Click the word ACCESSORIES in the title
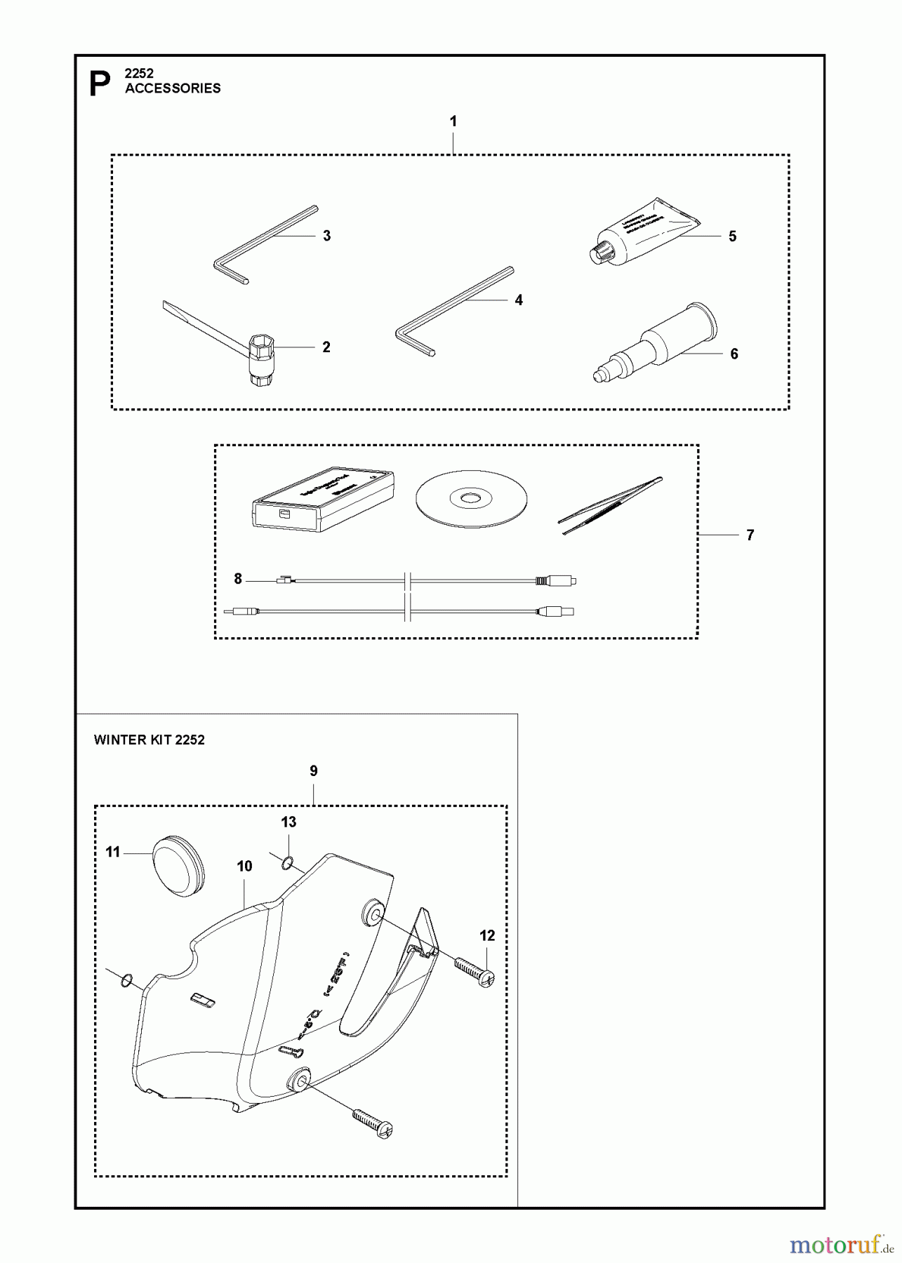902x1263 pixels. [173, 88]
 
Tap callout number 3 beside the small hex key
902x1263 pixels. [326, 236]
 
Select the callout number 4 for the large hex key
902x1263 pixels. [519, 300]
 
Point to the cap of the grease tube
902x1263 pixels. [599, 252]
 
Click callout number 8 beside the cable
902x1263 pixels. [238, 579]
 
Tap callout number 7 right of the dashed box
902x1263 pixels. [750, 535]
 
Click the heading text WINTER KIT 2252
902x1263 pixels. [149, 740]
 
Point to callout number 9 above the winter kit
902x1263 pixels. [313, 771]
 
